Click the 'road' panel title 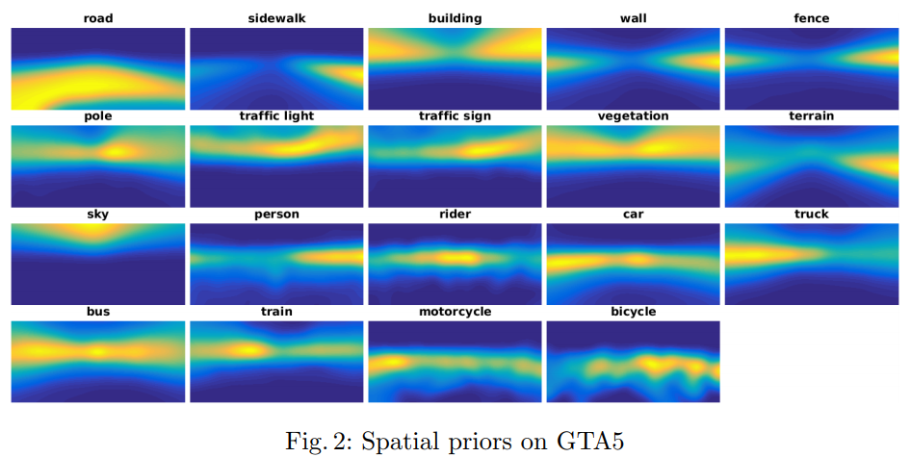point(98,18)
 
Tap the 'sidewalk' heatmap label point(276,18)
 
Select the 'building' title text point(455,18)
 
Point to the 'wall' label point(633,18)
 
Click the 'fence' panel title point(811,18)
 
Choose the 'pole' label point(98,116)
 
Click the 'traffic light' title point(276,116)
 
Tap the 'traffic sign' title point(455,116)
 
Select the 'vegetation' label point(633,116)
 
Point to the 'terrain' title point(811,116)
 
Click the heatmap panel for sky point(98,264)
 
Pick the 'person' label point(276,215)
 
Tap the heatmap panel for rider point(455,264)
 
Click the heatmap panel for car point(633,264)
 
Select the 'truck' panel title point(811,215)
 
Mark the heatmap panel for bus point(98,362)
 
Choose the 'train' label point(276,312)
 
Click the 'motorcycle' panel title point(455,312)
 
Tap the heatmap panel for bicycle point(633,362)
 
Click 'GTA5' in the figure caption point(588,442)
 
